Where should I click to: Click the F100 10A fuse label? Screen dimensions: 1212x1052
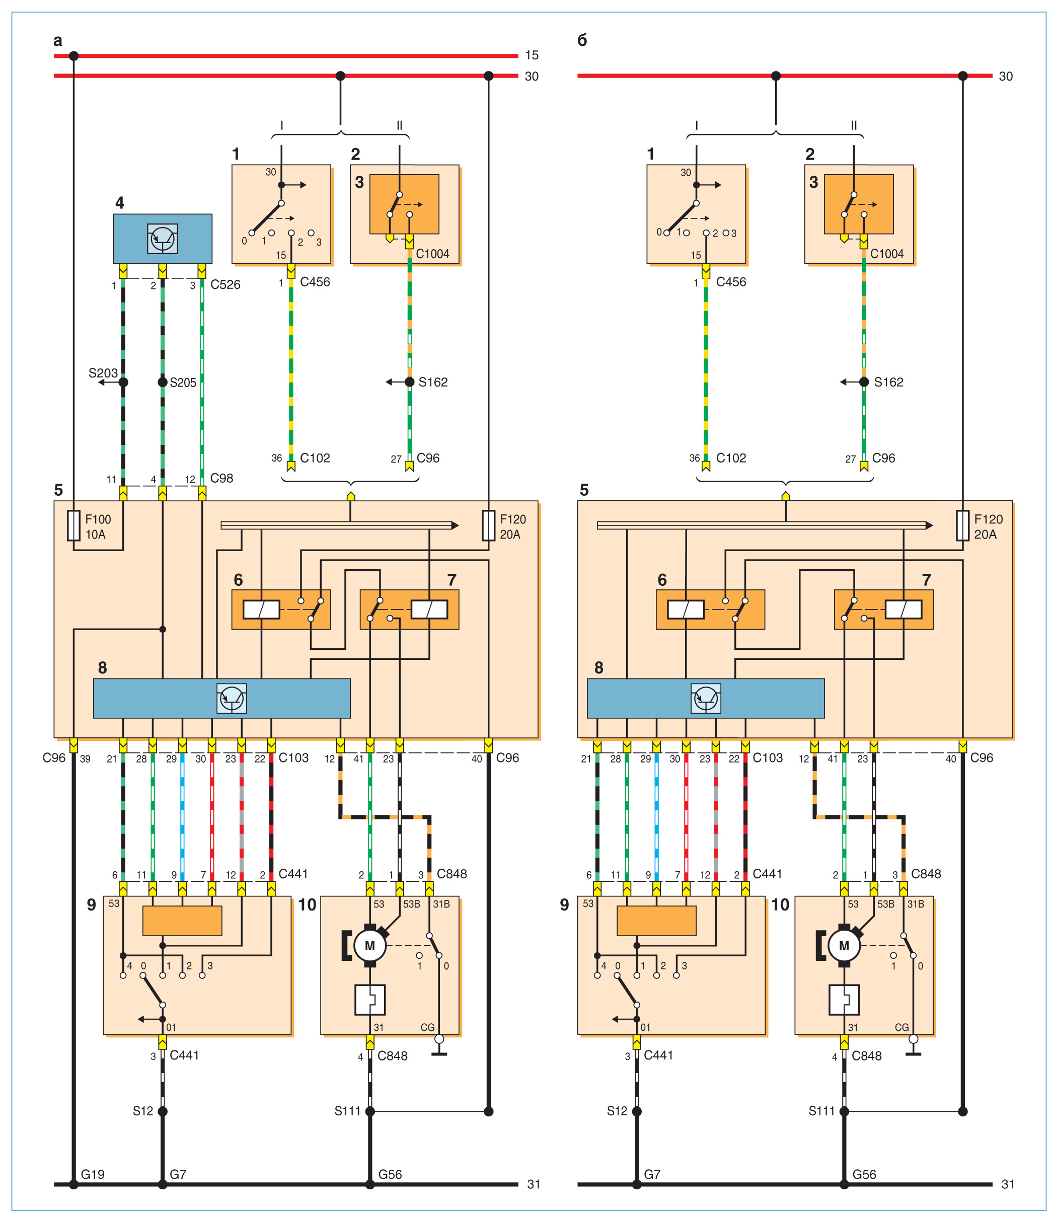tap(98, 526)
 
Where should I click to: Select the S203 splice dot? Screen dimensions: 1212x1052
tap(123, 382)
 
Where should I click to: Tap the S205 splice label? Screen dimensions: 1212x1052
tap(183, 383)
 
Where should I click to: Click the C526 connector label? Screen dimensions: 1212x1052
tap(226, 285)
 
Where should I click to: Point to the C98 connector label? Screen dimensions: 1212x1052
tap(222, 478)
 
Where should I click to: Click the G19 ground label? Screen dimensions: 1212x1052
tap(93, 1174)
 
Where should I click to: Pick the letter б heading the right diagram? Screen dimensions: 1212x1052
tap(582, 40)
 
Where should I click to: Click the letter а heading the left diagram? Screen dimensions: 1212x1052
tap(57, 40)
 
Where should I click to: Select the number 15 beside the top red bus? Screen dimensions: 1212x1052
tap(532, 55)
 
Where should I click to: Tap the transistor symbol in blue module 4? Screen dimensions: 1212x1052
tap(163, 238)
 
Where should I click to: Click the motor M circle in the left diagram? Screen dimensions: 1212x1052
tap(370, 946)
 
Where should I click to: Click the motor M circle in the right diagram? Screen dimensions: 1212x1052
tap(844, 946)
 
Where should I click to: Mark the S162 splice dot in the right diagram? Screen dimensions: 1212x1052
tap(864, 382)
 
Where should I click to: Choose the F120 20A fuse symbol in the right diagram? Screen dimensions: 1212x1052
tap(962, 525)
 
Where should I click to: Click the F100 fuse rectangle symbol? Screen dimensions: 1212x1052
tap(73, 525)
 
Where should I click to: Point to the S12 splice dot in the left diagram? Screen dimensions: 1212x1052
tap(163, 1111)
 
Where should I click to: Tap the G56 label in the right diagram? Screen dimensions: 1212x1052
tap(864, 1174)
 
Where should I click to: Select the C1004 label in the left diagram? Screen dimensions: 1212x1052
tap(433, 254)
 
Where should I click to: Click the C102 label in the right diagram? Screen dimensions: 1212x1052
tap(731, 458)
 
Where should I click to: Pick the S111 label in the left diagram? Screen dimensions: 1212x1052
tap(347, 1111)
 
